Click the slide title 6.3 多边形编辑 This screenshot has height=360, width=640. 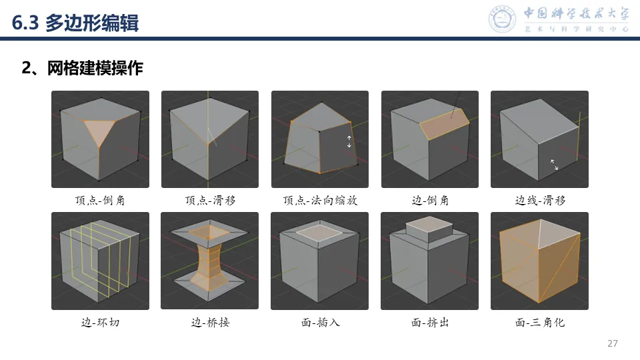coord(75,23)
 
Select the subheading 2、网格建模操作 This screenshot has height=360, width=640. coord(83,68)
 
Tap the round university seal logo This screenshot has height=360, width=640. coord(502,19)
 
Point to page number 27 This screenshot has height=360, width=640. coord(612,343)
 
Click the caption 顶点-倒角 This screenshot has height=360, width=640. coord(100,200)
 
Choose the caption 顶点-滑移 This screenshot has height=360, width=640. coord(210,200)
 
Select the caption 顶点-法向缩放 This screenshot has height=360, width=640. coord(320,200)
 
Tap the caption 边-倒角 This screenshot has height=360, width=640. coord(430,200)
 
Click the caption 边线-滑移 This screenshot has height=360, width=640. coord(540,200)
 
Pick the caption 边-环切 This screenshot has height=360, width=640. coord(101,323)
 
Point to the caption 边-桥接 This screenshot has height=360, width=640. coord(210,323)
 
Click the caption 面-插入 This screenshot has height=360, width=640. coord(321,323)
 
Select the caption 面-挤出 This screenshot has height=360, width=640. coord(430,323)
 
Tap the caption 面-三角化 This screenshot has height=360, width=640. coord(540,323)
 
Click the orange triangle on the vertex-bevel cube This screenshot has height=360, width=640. coord(99,131)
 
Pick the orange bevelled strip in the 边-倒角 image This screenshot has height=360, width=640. coord(445,124)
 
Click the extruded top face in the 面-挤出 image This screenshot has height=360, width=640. coord(429,224)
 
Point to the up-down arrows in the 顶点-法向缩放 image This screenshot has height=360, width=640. coord(349,141)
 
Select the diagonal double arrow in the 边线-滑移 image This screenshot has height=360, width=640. coord(554,165)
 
